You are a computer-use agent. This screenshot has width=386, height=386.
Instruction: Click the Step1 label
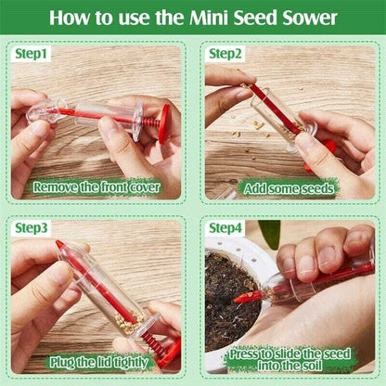pyautogui.click(x=29, y=54)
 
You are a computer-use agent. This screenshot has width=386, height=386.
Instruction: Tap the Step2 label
pyautogui.click(x=225, y=54)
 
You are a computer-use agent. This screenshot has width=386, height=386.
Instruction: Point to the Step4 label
pyautogui.click(x=225, y=227)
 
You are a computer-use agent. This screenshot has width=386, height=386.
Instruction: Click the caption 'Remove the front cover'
pyautogui.click(x=96, y=187)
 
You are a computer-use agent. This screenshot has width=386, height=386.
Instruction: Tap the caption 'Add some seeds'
pyautogui.click(x=289, y=187)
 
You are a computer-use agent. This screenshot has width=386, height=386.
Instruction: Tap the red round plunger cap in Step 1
pyautogui.click(x=163, y=122)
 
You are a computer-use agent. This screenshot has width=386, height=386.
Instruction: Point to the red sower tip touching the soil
pyautogui.click(x=243, y=297)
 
